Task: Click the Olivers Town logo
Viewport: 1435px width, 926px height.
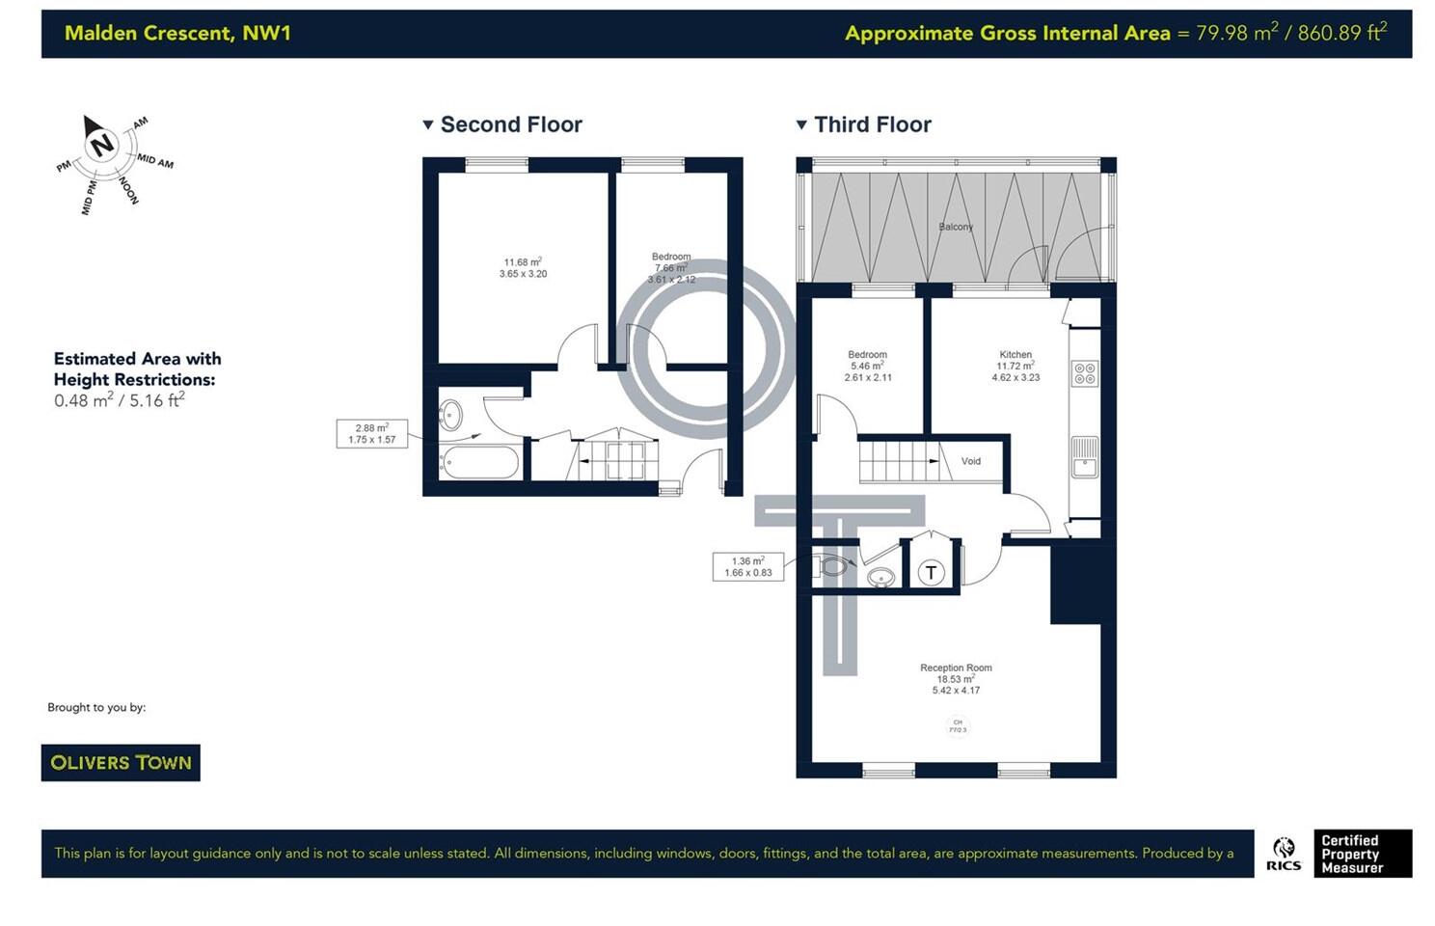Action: tap(121, 762)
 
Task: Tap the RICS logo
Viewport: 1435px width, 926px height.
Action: tap(1284, 854)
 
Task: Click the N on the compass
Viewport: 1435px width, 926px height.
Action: tap(101, 146)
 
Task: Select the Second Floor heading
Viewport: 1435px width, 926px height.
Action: tap(510, 124)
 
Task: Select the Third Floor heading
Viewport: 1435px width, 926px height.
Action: tap(872, 124)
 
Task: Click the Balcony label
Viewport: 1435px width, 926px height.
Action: tap(956, 227)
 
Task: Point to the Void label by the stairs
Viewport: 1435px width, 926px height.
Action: tap(970, 461)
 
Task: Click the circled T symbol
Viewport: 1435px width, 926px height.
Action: tap(931, 573)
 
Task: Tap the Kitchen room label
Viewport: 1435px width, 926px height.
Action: tap(1015, 355)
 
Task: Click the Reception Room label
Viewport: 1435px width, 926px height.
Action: tap(956, 667)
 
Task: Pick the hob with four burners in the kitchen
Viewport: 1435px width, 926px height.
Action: tap(1085, 373)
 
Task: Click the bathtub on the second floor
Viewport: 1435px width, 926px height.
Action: tap(478, 462)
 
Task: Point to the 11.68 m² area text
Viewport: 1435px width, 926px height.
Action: tap(523, 262)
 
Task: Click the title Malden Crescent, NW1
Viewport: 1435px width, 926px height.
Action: tap(177, 33)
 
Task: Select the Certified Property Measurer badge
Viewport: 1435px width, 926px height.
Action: tap(1363, 854)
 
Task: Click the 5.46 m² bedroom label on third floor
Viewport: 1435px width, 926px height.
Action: tap(868, 367)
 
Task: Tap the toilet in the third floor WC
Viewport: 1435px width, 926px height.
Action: tap(831, 566)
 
